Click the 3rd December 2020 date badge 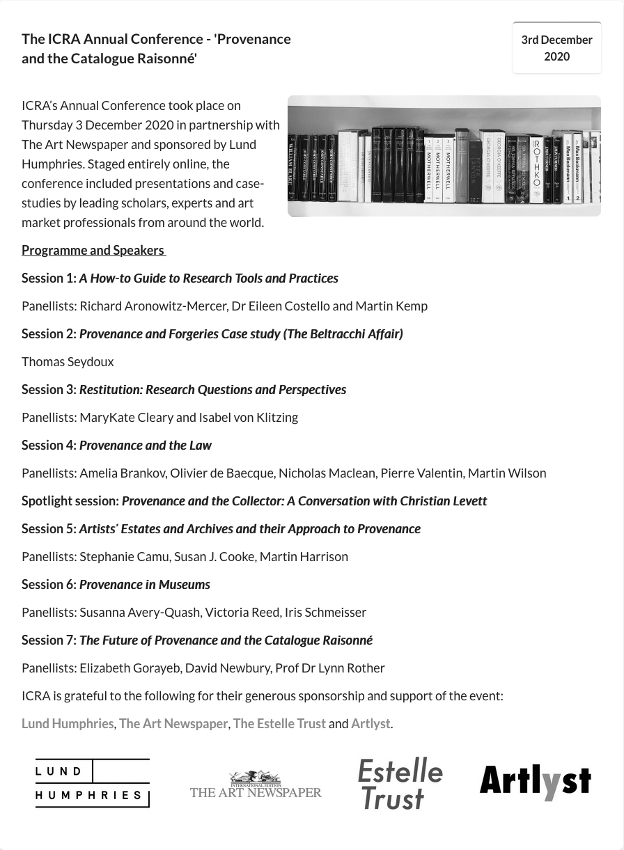(x=556, y=48)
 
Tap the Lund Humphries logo (x=93, y=783)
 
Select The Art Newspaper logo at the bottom (x=256, y=785)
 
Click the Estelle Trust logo (x=400, y=784)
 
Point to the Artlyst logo (x=535, y=782)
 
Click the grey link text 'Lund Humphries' (x=68, y=723)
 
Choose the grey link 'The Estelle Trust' (x=279, y=723)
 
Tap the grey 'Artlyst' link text (x=370, y=723)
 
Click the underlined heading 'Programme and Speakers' (x=93, y=250)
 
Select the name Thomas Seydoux (x=68, y=361)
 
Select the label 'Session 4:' (x=49, y=445)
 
